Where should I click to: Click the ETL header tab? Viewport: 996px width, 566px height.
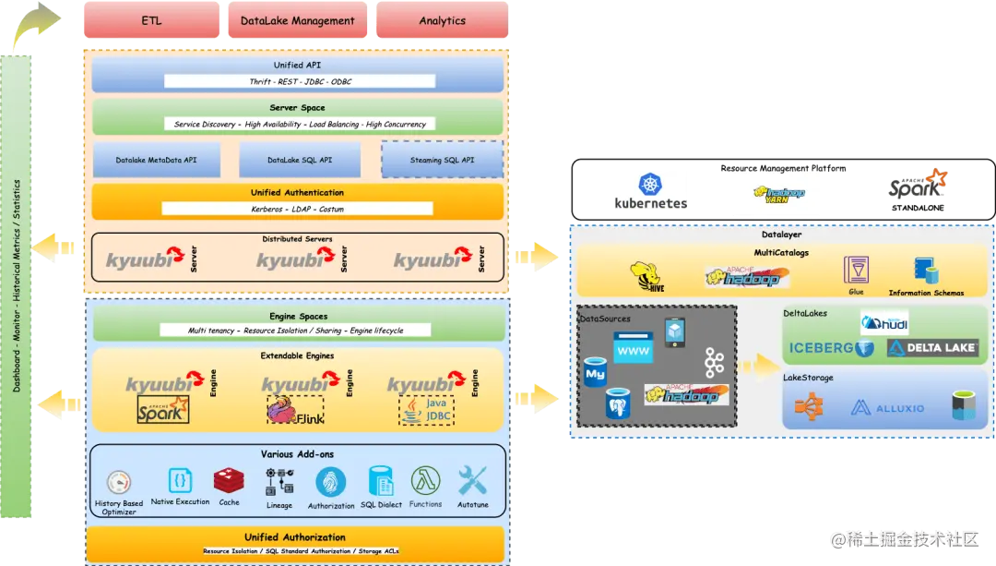(152, 20)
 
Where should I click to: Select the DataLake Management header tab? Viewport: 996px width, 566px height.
(297, 20)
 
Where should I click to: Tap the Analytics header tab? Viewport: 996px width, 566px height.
(442, 20)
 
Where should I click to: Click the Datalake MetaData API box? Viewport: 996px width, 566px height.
(157, 160)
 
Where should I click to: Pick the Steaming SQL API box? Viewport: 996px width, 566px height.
(442, 160)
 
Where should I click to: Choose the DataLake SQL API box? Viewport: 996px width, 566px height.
(300, 160)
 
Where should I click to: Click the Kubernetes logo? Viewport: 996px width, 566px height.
(652, 192)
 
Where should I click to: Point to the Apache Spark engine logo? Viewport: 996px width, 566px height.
(163, 408)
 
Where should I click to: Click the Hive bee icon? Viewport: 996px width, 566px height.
(646, 275)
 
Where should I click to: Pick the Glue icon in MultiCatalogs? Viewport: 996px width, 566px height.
(856, 270)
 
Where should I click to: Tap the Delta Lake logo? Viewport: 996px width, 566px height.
(931, 348)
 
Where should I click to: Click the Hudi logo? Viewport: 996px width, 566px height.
(883, 322)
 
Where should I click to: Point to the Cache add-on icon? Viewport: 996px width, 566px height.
(228, 480)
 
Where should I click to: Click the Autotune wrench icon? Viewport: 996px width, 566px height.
(472, 480)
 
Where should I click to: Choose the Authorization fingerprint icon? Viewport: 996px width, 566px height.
(331, 482)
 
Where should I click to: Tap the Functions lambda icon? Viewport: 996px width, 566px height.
(425, 480)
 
